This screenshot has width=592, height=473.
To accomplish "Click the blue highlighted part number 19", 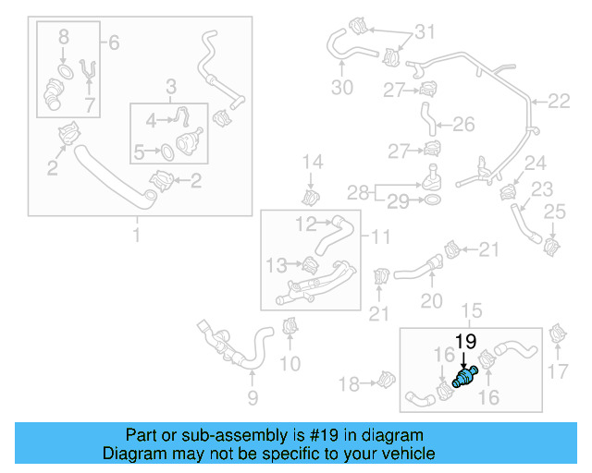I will coord(463,376).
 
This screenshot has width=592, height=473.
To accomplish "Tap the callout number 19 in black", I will coord(464,342).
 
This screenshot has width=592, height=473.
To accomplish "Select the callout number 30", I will coord(342,88).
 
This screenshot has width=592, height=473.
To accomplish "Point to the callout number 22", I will coord(560,101).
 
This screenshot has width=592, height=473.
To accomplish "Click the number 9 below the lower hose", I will coord(252,398).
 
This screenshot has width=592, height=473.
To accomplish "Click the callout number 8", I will coord(63,38).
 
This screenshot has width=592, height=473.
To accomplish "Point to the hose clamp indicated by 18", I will coord(388,379).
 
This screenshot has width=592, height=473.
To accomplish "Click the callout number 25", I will coord(554,213).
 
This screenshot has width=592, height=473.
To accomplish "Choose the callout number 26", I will coord(463,123).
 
